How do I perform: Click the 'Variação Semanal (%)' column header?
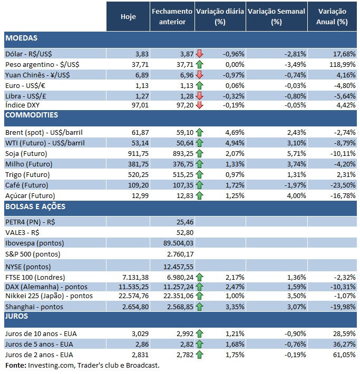point(276,17)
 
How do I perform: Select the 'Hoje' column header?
point(128,17)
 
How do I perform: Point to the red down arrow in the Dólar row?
point(199,53)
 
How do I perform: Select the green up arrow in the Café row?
point(199,185)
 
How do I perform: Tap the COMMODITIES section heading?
point(31,115)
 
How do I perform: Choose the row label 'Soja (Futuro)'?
point(26,153)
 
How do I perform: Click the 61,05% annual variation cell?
point(336,355)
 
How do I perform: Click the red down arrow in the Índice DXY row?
point(199,105)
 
